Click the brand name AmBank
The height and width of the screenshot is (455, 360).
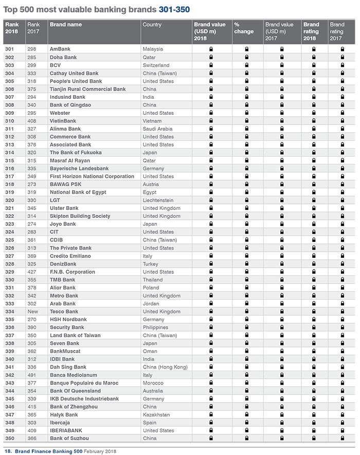point(60,49)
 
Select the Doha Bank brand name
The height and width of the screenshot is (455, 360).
point(64,57)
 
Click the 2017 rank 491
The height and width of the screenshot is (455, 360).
point(33,375)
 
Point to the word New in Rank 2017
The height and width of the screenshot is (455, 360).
point(33,311)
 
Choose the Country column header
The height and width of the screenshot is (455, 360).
point(152,25)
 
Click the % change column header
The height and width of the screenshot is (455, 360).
point(243,28)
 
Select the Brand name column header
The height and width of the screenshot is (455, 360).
point(66,25)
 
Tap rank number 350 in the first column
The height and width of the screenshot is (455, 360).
point(9,438)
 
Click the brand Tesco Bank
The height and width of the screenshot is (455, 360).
point(64,311)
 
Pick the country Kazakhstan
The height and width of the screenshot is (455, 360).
point(157,414)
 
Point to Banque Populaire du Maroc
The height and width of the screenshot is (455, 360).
point(84,383)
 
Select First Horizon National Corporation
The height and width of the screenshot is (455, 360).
point(92,176)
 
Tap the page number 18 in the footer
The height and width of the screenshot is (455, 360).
point(7,451)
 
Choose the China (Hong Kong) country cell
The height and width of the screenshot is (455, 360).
point(165,367)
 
